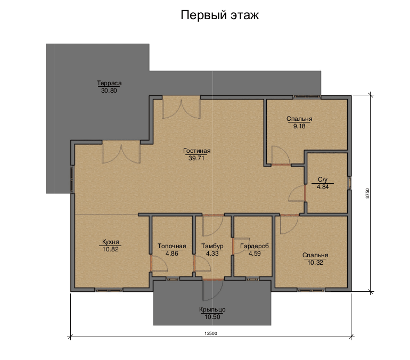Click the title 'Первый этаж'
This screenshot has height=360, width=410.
[219, 15]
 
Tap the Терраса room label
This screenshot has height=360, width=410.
[109, 83]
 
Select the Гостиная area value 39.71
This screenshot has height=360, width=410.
[196, 158]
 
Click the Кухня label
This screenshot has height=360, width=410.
[110, 242]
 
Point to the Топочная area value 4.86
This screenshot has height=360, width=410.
[172, 253]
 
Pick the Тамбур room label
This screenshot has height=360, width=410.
[212, 246]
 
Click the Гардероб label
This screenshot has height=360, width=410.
[255, 246]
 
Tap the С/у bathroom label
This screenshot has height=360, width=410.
[323, 179]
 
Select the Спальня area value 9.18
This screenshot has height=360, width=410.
[299, 126]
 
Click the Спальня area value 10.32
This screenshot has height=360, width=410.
[315, 263]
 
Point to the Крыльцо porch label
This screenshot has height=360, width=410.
[212, 309]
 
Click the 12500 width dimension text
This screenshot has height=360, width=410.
[211, 333]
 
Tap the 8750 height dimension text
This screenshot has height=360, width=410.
[367, 193]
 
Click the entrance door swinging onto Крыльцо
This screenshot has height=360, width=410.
[212, 290]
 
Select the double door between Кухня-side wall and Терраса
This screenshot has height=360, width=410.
[121, 152]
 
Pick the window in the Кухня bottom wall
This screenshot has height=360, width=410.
[109, 290]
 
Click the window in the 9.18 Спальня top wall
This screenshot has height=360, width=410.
[307, 97]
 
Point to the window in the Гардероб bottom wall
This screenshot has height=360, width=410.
[252, 279]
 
